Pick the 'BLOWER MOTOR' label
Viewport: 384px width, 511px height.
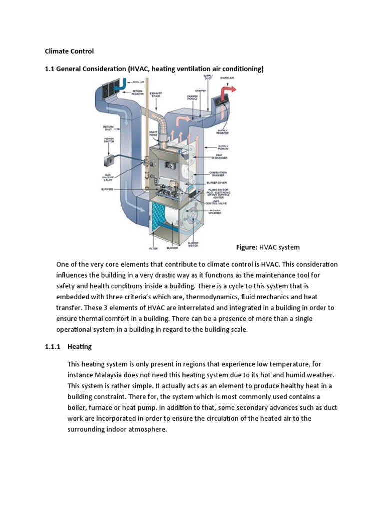[x=193, y=245]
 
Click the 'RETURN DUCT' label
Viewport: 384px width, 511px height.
[x=109, y=128]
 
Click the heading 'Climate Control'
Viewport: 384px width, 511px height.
[x=69, y=51]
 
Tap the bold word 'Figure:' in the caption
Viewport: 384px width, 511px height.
[x=246, y=247]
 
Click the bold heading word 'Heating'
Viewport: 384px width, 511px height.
[x=80, y=346]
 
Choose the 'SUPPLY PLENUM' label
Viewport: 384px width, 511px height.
[x=222, y=147]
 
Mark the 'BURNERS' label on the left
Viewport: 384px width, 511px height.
[x=108, y=189]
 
